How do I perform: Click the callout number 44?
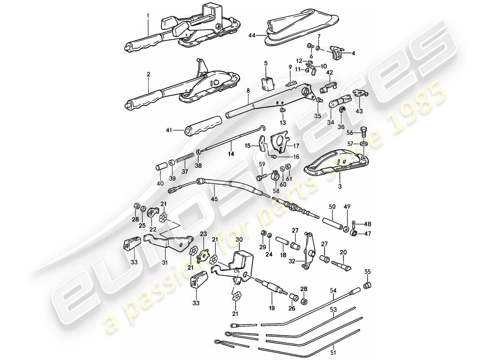[250, 35]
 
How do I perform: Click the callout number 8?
[247, 91]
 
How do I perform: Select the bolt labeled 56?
[364, 133]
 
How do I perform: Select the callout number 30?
[238, 239]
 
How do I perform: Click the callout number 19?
[272, 310]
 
